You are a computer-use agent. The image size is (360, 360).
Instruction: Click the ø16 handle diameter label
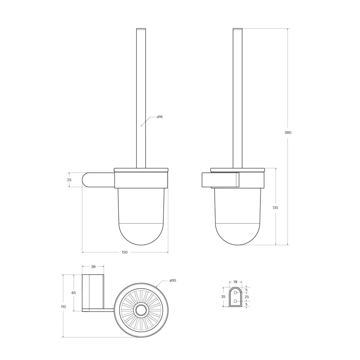point(160,117)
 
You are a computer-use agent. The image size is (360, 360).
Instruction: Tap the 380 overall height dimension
point(288,132)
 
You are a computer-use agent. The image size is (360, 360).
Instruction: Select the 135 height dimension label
point(275,207)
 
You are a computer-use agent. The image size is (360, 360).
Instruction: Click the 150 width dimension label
point(125,252)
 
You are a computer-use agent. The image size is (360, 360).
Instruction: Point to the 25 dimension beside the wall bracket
point(69,180)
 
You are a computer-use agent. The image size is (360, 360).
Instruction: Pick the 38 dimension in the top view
point(93,266)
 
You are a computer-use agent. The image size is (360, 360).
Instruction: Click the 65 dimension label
point(74,292)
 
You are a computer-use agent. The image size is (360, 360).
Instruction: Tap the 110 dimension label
point(63,306)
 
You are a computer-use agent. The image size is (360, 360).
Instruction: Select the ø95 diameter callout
point(173,280)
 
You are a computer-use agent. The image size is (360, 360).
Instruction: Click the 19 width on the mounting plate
point(235,282)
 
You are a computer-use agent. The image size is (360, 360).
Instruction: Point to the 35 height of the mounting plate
point(223,297)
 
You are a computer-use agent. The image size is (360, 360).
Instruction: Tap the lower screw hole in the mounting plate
point(235,301)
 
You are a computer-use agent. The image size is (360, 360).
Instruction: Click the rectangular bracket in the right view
point(220,180)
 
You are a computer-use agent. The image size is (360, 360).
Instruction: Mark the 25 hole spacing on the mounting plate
point(246,297)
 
